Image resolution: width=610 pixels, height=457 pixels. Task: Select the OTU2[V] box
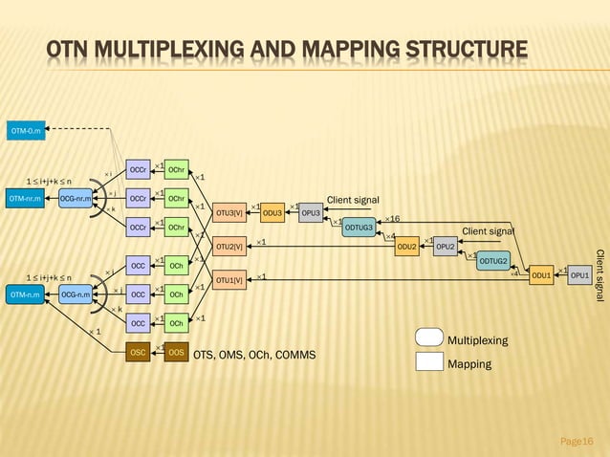[229, 247]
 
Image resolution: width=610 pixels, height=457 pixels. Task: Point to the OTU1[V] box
[229, 280]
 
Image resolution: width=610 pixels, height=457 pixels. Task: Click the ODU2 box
[407, 247]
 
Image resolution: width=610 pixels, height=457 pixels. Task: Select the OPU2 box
[445, 247]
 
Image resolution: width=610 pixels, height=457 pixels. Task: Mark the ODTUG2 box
[493, 261]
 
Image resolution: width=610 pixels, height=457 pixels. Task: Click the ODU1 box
[542, 275]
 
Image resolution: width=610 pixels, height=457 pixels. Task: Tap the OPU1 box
[579, 275]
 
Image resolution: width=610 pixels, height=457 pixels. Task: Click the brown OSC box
[139, 353]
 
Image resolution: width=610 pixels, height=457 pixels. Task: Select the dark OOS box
[176, 353]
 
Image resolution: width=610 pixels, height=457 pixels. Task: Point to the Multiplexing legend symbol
[429, 338]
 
